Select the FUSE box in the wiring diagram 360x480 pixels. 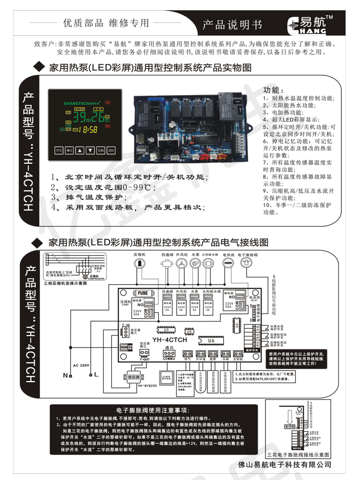click(143, 293)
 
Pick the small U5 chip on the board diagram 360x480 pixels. click(190, 331)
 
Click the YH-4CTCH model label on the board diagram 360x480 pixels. click(170, 340)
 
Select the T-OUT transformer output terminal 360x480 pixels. click(144, 355)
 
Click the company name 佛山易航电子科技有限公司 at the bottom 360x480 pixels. click(285, 465)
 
